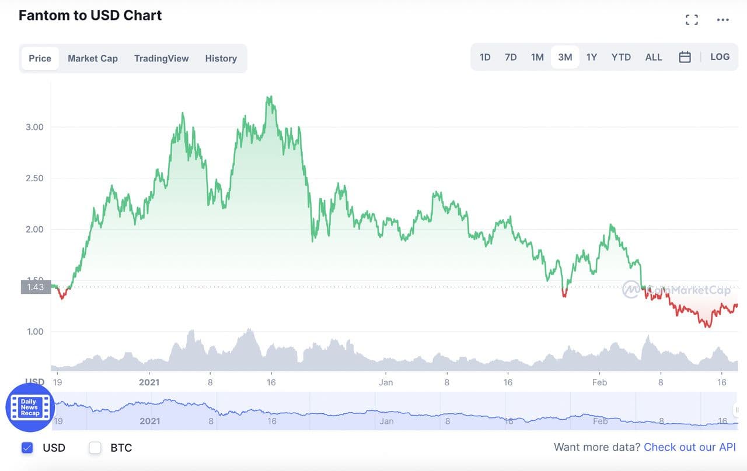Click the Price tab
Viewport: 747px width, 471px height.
40,58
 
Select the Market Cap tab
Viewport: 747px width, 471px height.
93,58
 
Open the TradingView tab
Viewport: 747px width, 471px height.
161,58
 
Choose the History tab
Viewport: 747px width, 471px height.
221,58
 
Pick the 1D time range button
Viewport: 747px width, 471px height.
485,57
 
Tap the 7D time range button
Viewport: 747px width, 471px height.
511,57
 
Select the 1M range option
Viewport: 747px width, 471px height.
537,57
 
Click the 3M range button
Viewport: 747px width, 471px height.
565,57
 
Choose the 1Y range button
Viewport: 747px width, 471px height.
592,57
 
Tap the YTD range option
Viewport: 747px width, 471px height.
621,57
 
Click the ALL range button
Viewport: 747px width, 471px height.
654,57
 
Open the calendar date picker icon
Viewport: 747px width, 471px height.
685,57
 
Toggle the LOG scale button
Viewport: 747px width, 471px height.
720,57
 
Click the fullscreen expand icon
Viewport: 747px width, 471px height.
692,20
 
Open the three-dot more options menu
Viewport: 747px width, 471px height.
723,20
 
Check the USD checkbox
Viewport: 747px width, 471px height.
27,448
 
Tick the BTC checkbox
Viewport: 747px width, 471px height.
95,448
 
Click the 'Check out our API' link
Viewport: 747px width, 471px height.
690,447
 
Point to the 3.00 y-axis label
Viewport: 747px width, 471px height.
34,127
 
